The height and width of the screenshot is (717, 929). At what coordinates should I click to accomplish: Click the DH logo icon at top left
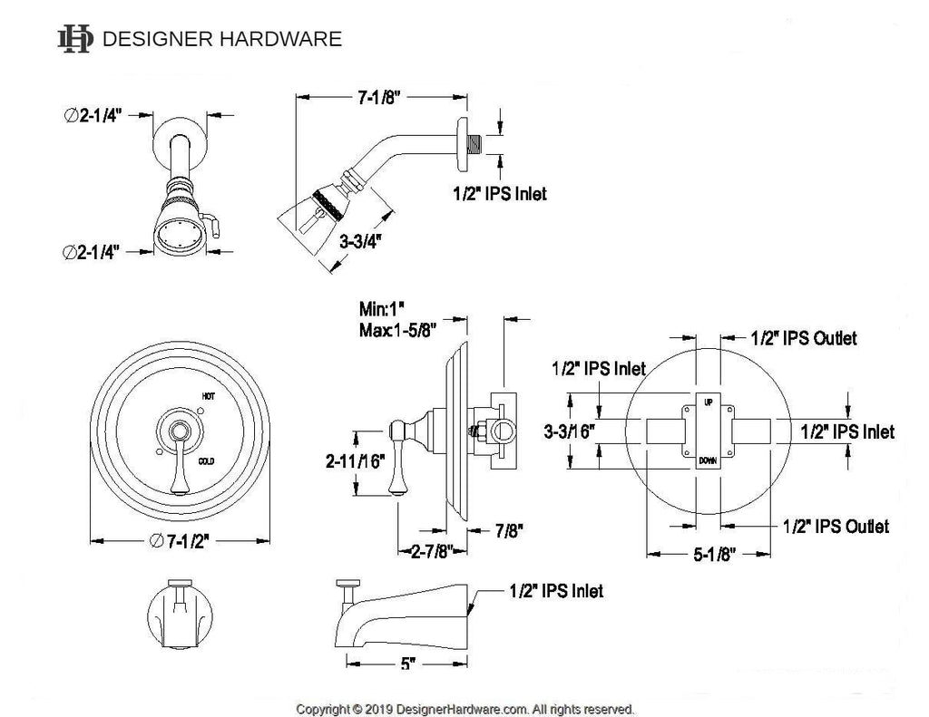point(75,38)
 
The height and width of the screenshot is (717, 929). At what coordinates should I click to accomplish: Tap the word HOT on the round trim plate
point(208,396)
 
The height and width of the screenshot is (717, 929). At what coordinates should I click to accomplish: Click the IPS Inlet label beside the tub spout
point(553,591)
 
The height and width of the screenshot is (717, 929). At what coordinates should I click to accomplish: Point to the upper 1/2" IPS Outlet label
point(803,338)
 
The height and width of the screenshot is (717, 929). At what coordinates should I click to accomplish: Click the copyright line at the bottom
point(465,708)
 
